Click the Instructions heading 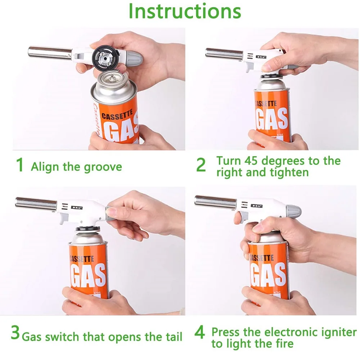point(184,12)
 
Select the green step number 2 point(201,165)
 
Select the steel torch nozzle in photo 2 point(225,53)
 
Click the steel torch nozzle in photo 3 point(36,202)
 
